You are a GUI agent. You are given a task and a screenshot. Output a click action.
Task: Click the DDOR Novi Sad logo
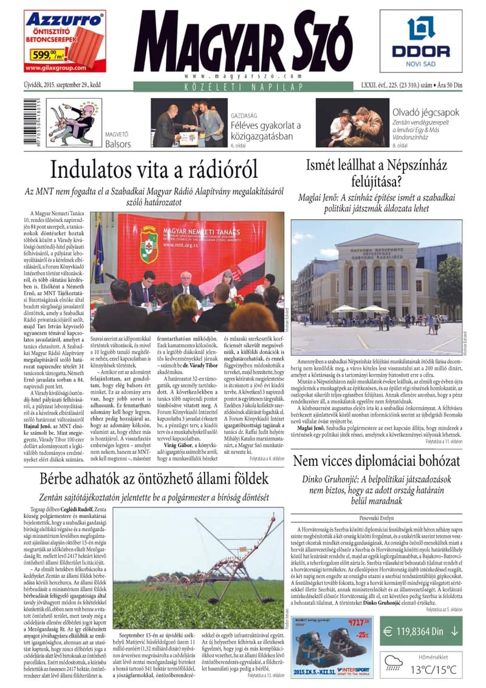click(x=421, y=38)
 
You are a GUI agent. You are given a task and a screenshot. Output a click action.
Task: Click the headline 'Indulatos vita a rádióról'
click(x=154, y=169)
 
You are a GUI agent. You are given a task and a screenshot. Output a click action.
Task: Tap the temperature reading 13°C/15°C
click(x=435, y=669)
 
